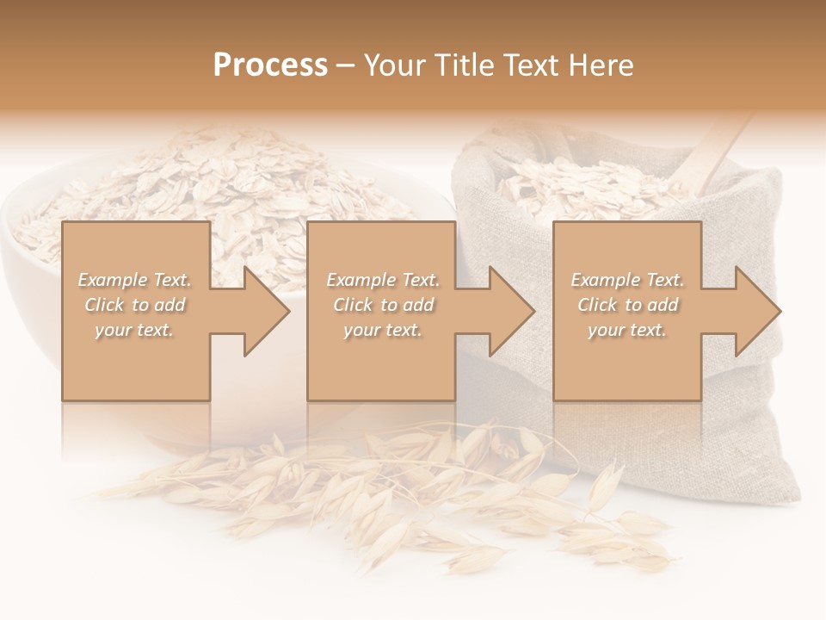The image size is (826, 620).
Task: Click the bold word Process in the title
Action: pyautogui.click(x=270, y=65)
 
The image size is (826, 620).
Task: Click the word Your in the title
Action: pyautogui.click(x=394, y=65)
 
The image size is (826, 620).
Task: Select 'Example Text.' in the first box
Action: pyautogui.click(x=135, y=280)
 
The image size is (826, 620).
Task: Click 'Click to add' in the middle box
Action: pyautogui.click(x=383, y=305)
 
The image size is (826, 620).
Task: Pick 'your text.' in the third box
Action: pyautogui.click(x=627, y=330)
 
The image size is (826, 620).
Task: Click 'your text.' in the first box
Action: pyautogui.click(x=135, y=330)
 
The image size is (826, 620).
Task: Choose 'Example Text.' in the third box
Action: pyautogui.click(x=627, y=280)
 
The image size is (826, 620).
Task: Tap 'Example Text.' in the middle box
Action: pyautogui.click(x=383, y=280)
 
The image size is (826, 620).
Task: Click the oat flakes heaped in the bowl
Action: pyautogui.click(x=215, y=189)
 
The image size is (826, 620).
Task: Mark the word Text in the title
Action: pyautogui.click(x=530, y=65)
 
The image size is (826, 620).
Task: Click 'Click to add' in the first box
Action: pyautogui.click(x=135, y=305)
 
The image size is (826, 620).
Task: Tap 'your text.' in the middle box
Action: pyautogui.click(x=383, y=330)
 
